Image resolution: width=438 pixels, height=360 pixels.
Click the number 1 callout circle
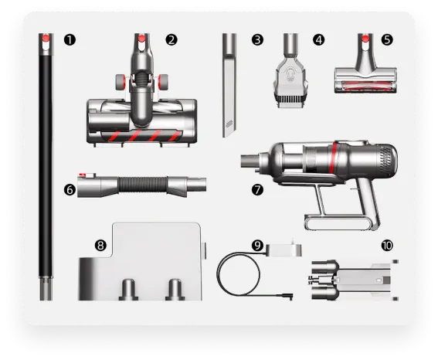coord(70,39)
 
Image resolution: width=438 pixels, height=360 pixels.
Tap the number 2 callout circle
coord(171,39)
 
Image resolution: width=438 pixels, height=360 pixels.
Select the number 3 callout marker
coord(257,39)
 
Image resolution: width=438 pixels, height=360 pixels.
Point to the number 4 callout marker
coord(319,39)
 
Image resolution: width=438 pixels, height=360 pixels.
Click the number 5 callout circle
coord(387,39)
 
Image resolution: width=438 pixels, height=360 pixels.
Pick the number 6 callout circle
coord(70,190)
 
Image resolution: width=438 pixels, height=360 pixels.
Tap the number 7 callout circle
coord(257,190)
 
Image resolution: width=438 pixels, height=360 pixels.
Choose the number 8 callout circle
coord(100,246)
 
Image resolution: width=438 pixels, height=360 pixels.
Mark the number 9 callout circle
coord(257,246)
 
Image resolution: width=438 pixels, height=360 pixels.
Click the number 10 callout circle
coord(387,246)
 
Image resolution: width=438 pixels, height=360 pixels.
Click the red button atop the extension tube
coord(46,38)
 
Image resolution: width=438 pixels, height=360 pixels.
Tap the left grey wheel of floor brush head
coord(121,82)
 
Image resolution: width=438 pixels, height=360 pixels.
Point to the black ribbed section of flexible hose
coord(143,185)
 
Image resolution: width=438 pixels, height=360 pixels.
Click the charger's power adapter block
coord(284,250)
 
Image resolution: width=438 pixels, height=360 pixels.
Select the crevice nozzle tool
coord(229,85)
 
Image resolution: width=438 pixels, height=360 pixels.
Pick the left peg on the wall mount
coord(128,290)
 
